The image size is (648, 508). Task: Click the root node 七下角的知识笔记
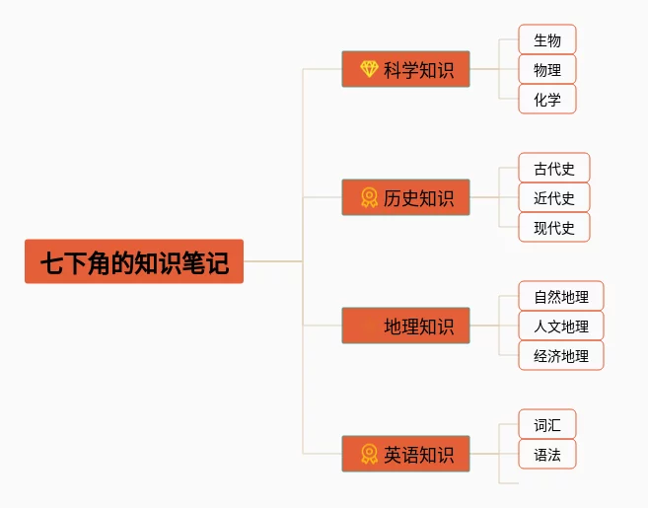tap(134, 261)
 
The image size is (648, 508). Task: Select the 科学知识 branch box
tap(405, 69)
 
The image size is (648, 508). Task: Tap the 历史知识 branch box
tap(405, 197)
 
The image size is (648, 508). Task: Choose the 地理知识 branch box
tap(405, 326)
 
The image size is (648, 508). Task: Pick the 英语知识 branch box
tap(405, 454)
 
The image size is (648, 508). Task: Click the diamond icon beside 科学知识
tap(369, 69)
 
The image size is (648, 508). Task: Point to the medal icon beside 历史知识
tap(369, 197)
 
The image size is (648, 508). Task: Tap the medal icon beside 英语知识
tap(369, 454)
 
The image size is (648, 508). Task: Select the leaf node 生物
tap(547, 40)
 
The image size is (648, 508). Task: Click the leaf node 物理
tap(547, 70)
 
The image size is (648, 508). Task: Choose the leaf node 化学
tap(547, 100)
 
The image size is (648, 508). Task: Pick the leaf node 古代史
tap(554, 169)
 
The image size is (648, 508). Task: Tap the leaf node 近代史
tap(554, 198)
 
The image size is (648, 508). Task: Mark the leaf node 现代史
tap(554, 228)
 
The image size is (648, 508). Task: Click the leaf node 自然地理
tap(561, 297)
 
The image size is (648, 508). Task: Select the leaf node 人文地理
tap(561, 327)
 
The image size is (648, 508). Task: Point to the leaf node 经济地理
tap(561, 356)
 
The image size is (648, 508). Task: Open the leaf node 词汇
tap(547, 425)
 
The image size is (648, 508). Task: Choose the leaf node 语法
tap(547, 455)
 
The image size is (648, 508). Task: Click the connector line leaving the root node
tap(271, 261)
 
